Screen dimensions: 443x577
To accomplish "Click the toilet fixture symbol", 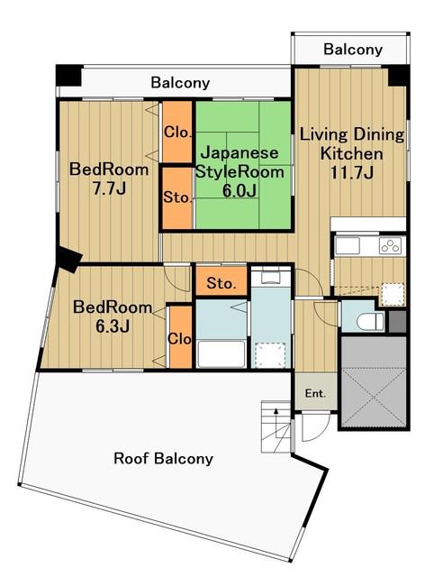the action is tap(370, 322).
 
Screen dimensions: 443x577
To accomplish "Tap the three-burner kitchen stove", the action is tap(391, 246).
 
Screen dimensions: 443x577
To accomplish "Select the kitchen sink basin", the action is tap(348, 246).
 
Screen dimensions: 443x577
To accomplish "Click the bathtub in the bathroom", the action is tap(221, 354).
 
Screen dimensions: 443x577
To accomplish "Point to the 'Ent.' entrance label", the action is tap(316, 393).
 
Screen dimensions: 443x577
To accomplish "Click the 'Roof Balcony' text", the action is tap(163, 459).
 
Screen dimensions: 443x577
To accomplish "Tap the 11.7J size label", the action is tap(352, 172).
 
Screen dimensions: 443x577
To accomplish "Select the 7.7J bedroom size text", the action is tap(109, 188).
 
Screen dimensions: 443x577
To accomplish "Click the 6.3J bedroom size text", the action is tap(113, 326).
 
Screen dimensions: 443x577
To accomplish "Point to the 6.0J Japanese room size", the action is tap(240, 190).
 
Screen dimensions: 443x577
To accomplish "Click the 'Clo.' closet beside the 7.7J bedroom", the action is tap(177, 132).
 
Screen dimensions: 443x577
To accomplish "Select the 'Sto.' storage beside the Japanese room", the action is tap(177, 198).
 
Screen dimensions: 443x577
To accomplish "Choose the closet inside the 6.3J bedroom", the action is tap(180, 336).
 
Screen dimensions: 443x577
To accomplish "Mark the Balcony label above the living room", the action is tap(353, 50).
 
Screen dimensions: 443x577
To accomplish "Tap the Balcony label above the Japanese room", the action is tap(180, 82).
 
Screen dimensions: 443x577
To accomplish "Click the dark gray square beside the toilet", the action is tap(397, 322).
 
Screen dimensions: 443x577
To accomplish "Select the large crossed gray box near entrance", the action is tap(374, 381).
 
